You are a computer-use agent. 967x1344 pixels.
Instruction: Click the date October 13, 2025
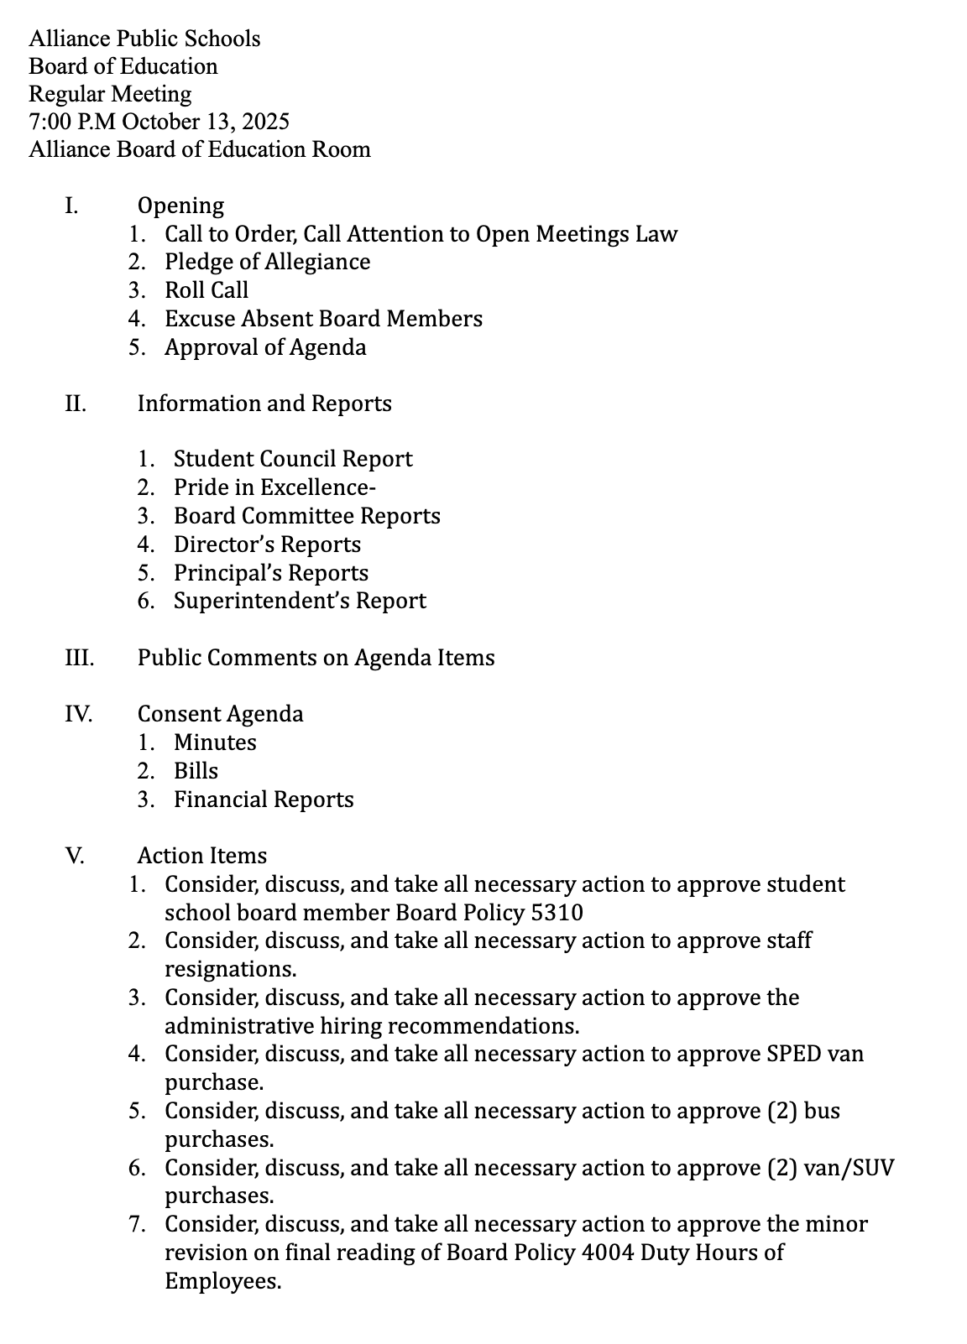[x=206, y=122]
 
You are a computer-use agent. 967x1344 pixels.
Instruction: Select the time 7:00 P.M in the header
[x=73, y=122]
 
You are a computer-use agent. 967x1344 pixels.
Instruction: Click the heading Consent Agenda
[x=220, y=714]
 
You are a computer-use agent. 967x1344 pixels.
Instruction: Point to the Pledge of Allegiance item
[x=267, y=262]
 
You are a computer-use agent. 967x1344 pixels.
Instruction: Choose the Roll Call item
[x=206, y=290]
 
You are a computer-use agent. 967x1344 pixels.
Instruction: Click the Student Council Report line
[x=293, y=459]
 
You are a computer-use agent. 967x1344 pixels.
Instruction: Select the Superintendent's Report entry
[x=300, y=601]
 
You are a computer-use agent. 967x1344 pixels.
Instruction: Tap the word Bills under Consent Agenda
[x=196, y=771]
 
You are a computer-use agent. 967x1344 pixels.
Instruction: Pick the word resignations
[x=230, y=970]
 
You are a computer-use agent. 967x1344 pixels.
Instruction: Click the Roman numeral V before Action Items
[x=74, y=856]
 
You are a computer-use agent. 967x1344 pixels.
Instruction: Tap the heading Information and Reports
[x=264, y=404]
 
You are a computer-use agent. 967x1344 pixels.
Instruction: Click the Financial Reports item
[x=264, y=800]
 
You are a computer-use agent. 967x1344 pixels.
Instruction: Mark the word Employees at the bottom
[x=222, y=1281]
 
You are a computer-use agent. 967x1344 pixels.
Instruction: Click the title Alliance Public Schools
[x=144, y=39]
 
